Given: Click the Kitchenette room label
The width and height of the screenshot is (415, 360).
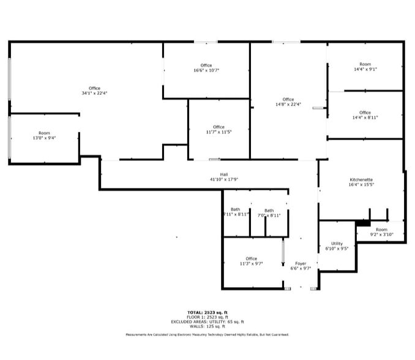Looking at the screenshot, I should click(x=361, y=179).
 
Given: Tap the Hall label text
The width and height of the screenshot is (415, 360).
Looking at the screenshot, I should click(x=224, y=174).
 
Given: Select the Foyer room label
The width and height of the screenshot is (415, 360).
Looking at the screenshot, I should click(x=301, y=263).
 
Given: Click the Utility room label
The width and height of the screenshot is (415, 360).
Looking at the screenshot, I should click(x=337, y=243).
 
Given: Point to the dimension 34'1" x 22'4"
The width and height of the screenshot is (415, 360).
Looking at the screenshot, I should click(x=94, y=93).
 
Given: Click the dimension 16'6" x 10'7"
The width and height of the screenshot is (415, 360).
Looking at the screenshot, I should click(x=206, y=70).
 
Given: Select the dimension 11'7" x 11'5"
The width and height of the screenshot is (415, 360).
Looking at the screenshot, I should click(x=219, y=132).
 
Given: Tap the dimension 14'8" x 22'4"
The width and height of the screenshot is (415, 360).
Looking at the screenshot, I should click(x=288, y=104).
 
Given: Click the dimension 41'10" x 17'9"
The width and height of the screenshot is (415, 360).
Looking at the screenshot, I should click(x=224, y=179).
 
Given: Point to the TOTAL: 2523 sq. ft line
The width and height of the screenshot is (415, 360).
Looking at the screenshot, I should click(x=207, y=312).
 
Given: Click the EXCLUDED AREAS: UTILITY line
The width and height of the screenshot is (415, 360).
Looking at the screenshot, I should click(x=207, y=321).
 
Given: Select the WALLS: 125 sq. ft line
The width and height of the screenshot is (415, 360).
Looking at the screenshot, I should click(x=207, y=326).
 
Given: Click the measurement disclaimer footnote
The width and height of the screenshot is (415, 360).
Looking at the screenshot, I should click(x=207, y=335).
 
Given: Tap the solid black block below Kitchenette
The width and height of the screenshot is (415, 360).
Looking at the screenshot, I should click(x=363, y=222).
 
